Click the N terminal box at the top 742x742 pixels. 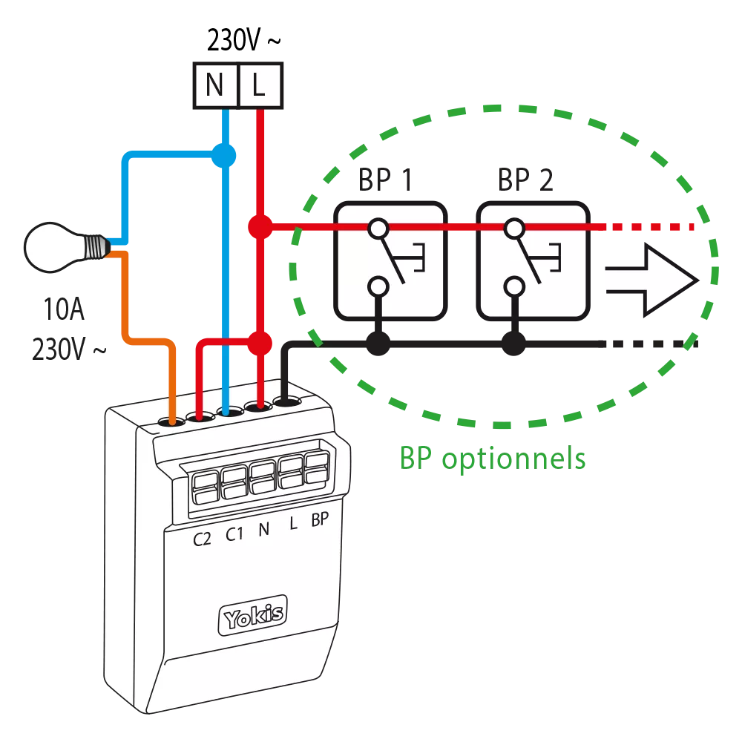point(214,86)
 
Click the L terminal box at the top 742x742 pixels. point(259,86)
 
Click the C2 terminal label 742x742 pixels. point(202,538)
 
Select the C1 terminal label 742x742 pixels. point(234,535)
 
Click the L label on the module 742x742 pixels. point(293,525)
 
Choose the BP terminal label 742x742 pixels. point(320,520)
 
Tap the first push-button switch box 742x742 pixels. point(390,261)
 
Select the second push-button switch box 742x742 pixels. point(533,261)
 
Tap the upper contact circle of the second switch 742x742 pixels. point(512,227)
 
